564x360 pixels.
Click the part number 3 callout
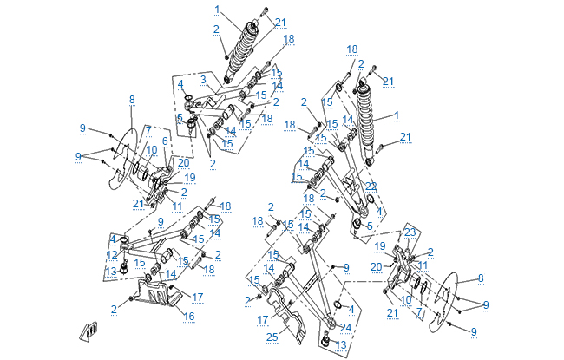201,79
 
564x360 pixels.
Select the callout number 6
165,141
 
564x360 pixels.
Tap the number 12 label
111,254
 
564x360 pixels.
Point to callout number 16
189,317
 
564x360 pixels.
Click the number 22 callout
371,186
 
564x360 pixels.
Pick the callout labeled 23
410,232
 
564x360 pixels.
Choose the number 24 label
347,327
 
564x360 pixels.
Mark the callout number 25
272,336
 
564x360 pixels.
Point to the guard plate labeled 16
159,295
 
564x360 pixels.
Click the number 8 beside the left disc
132,100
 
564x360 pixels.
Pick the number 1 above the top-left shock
218,9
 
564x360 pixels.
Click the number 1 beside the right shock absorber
397,114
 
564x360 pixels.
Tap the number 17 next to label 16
197,298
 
